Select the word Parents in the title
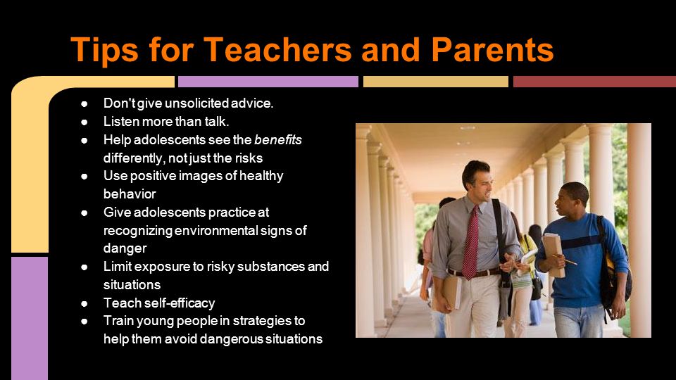click(492, 49)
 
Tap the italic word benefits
click(278, 139)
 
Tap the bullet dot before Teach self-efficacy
click(84, 303)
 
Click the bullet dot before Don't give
click(84, 104)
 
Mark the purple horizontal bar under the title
click(268, 82)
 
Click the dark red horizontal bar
click(594, 82)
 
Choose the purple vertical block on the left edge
click(30, 318)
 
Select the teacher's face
click(482, 184)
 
